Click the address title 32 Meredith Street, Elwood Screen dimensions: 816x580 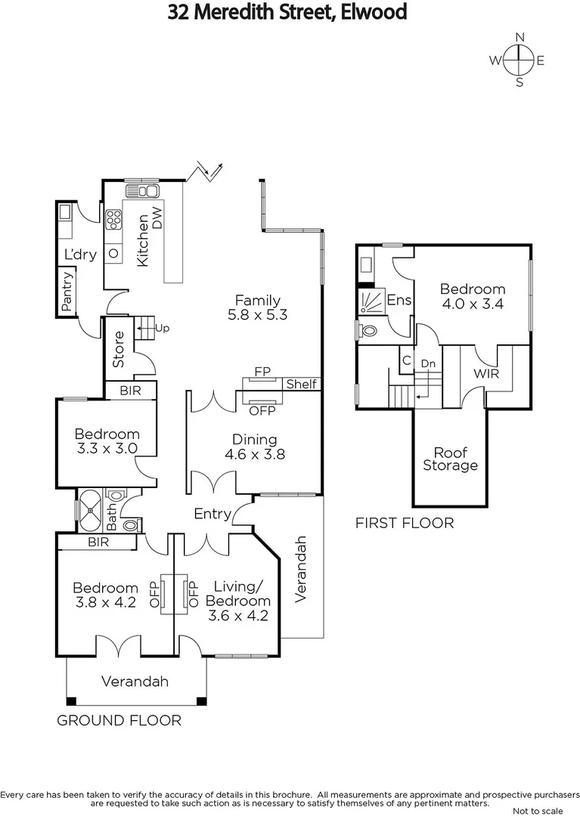tap(289, 12)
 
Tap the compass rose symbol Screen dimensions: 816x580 tap(519, 60)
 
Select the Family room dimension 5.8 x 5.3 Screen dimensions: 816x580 tap(257, 315)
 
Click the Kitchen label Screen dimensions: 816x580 tap(141, 240)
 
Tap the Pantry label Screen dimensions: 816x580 tap(68, 292)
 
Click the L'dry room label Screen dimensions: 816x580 tap(79, 255)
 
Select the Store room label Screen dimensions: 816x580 tap(119, 350)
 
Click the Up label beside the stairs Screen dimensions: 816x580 tap(162, 328)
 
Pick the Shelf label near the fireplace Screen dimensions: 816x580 tap(301, 385)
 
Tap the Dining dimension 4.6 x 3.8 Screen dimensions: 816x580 tap(255, 455)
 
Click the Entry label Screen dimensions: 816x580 tap(212, 514)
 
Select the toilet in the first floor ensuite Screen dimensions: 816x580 tap(368, 330)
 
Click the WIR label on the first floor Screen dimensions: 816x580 tap(486, 373)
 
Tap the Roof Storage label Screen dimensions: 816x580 tap(450, 459)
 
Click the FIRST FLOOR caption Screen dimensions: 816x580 tap(405, 523)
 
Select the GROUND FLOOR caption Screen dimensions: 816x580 tap(119, 721)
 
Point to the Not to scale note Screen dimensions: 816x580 tap(537, 811)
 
